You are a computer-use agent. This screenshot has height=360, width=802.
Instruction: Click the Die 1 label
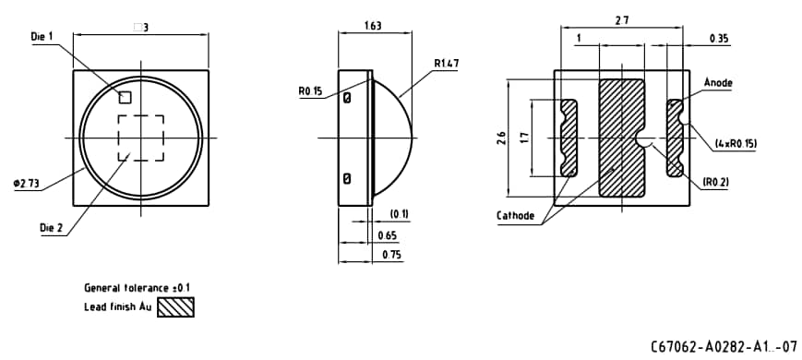[x=43, y=37]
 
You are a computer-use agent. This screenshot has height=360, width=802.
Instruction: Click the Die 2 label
[x=52, y=227]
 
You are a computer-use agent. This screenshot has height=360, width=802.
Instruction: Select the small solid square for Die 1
[x=125, y=96]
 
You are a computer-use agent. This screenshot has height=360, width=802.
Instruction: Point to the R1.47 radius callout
[x=447, y=64]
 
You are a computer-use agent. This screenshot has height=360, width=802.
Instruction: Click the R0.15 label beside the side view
[x=309, y=91]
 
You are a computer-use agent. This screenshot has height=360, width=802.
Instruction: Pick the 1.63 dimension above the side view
[x=374, y=27]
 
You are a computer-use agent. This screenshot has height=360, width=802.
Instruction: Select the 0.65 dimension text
[x=389, y=236]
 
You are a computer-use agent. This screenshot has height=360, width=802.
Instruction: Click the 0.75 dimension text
[x=390, y=255]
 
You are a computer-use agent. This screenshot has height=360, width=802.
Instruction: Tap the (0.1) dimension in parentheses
[x=399, y=214]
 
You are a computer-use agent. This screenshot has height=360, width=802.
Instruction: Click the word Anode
[x=717, y=82]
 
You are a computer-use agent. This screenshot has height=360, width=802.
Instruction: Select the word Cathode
[x=516, y=216]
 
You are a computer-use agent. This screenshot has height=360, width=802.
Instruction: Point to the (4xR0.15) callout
[x=736, y=144]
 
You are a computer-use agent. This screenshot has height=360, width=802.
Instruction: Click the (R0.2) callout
[x=715, y=182]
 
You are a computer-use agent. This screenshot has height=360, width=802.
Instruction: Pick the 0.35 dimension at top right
[x=719, y=39]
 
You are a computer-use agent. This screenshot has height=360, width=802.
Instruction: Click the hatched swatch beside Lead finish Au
[x=176, y=306]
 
